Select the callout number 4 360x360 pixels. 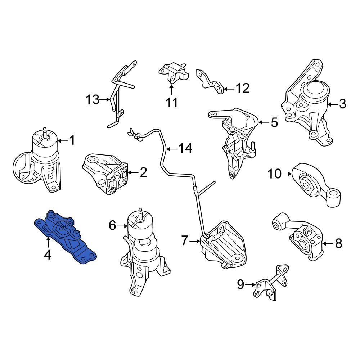coord(48,255)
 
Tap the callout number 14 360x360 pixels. coord(185,148)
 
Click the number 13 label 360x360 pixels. coord(92,99)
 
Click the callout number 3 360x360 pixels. coord(342,104)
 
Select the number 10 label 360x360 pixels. coord(274,174)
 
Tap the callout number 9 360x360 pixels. coord(240,285)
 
